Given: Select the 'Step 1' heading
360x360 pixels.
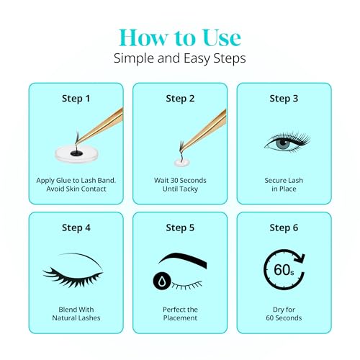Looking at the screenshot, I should click(76, 99).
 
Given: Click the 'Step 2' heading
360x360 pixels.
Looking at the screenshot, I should click(179, 99).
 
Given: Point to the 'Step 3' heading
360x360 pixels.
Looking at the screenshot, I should click(283, 99).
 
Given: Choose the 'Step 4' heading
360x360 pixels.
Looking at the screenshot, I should click(76, 228).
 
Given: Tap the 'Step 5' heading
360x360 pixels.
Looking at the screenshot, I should click(179, 228).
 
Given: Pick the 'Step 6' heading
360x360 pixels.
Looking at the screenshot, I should click(283, 228).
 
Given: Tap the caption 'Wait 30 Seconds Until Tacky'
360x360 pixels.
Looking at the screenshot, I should click(179, 184).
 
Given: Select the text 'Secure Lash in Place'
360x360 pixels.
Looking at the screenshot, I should click(283, 184).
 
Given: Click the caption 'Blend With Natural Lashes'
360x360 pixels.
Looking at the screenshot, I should click(76, 314).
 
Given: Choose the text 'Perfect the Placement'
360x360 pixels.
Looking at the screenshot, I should click(179, 314).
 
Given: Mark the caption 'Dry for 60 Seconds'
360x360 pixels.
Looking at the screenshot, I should click(283, 314).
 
